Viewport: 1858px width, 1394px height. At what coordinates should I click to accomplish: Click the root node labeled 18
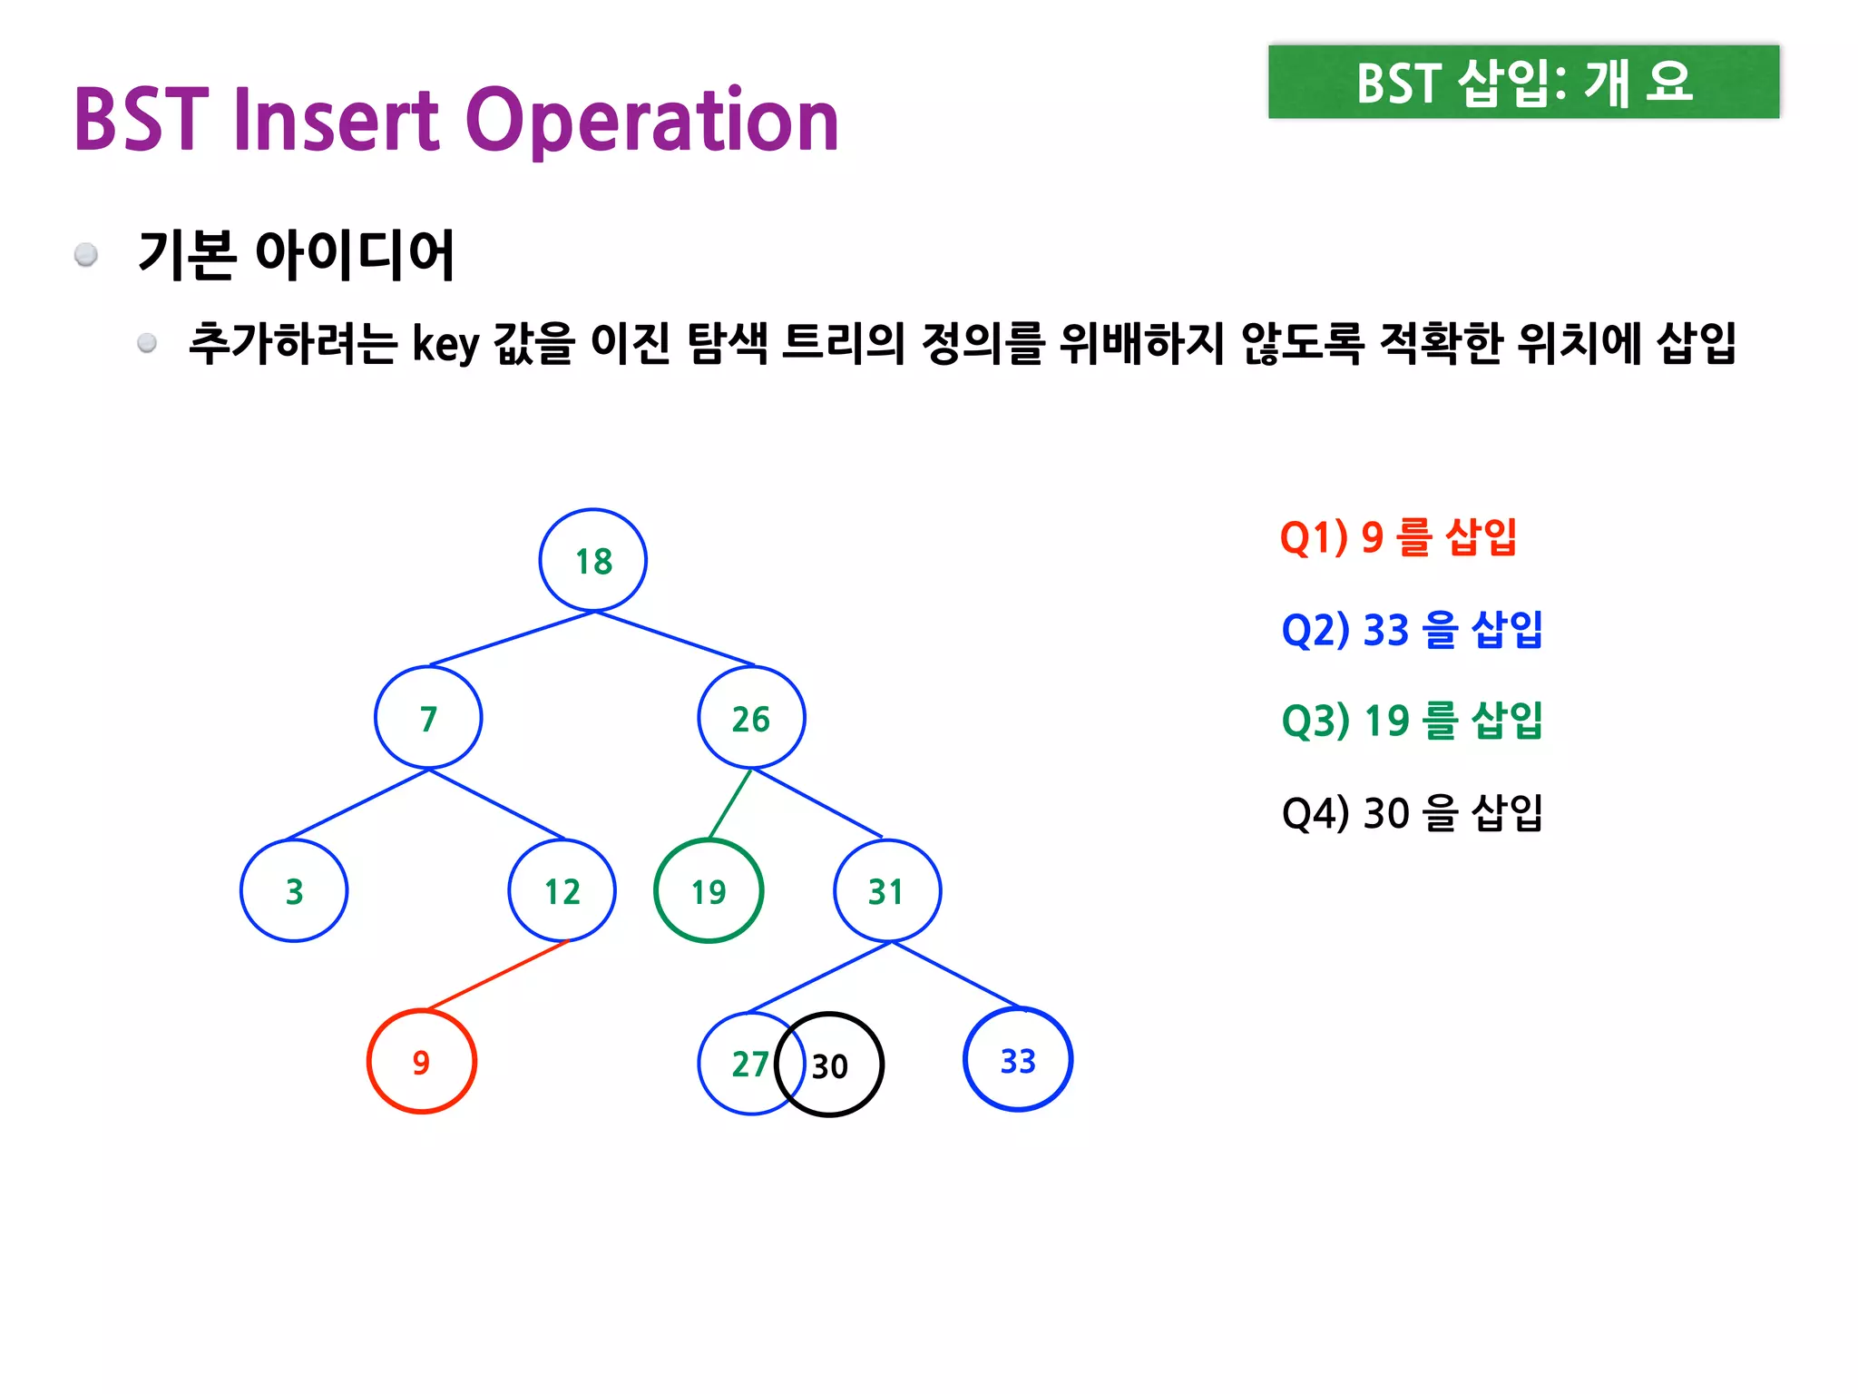pos(593,561)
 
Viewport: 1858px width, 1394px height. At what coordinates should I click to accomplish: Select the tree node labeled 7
pos(428,718)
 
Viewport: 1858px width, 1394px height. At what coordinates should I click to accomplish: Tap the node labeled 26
pos(751,718)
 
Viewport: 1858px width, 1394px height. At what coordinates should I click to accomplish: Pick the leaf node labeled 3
pos(294,890)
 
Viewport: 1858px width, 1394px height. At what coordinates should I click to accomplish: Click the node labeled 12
pos(562,890)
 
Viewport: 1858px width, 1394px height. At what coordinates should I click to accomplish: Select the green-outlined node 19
pos(709,890)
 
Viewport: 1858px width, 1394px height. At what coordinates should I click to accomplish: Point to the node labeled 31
pos(887,890)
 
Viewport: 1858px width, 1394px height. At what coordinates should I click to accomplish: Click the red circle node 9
pos(422,1061)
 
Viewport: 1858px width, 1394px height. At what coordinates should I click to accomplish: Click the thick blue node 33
pos(1018,1059)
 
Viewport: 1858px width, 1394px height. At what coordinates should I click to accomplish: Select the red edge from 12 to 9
pos(497,976)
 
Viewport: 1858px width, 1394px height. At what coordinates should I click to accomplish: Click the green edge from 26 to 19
pos(730,803)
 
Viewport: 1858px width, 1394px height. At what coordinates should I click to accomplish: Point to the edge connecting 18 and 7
pos(512,638)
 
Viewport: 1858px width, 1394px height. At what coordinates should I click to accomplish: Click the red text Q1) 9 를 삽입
pos(1398,536)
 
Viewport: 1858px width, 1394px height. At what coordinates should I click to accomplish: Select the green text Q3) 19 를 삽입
pos(1412,721)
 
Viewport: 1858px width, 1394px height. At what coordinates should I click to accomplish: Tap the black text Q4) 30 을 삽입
pos(1412,812)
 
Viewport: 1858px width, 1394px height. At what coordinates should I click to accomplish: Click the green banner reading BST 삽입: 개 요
pos(1523,82)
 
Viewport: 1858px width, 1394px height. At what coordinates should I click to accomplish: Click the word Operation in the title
pos(652,120)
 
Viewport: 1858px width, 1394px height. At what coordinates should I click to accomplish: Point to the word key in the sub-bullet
pos(445,344)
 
